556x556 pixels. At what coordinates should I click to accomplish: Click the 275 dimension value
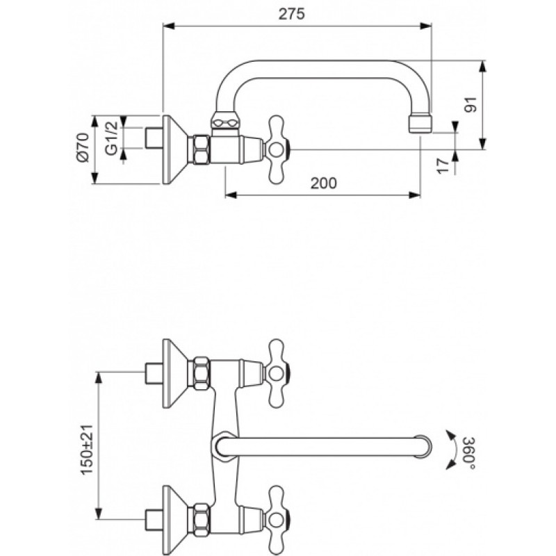(x=291, y=14)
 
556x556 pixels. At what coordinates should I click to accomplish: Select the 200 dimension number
(x=324, y=183)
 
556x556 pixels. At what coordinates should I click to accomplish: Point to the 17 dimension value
(x=443, y=166)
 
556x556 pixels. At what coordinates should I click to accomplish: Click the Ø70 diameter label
(x=83, y=147)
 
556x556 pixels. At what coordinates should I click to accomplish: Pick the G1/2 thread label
(x=111, y=138)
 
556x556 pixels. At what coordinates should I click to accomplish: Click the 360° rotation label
(x=468, y=453)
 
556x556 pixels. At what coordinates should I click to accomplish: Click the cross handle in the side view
(x=277, y=149)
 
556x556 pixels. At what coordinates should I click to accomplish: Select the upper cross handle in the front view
(x=277, y=373)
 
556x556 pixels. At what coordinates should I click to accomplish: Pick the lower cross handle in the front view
(x=277, y=519)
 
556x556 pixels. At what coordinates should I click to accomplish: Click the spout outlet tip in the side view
(x=420, y=123)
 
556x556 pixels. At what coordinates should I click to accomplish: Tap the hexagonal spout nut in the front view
(x=224, y=446)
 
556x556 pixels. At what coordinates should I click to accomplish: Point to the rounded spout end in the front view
(x=424, y=446)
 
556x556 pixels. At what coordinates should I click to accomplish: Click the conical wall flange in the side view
(x=175, y=149)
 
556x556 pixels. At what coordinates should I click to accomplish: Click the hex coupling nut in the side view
(x=202, y=149)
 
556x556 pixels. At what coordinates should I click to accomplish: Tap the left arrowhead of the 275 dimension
(x=169, y=26)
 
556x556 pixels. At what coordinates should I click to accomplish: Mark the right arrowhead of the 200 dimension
(x=414, y=195)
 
